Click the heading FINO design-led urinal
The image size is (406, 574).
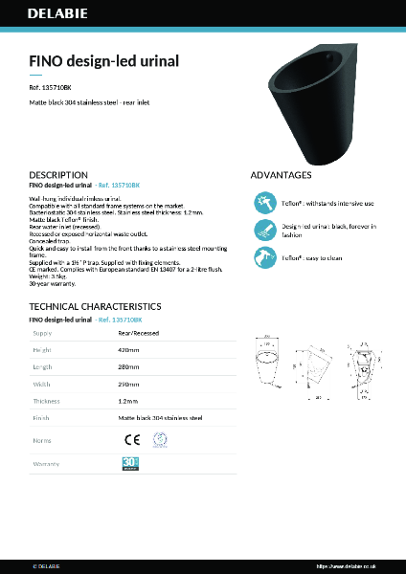click(x=104, y=61)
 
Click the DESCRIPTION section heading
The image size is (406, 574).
click(x=59, y=175)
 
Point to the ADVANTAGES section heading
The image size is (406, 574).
click(x=281, y=175)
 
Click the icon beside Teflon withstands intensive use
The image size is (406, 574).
click(x=264, y=204)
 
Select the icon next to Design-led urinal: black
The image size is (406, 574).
click(x=264, y=230)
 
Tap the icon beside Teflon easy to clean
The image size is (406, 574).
click(x=264, y=257)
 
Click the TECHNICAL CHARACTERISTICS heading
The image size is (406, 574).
click(x=95, y=306)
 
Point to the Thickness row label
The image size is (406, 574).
click(x=47, y=401)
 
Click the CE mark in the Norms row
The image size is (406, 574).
click(x=133, y=439)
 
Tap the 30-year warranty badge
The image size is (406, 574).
click(x=131, y=463)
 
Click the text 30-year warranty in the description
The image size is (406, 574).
click(x=53, y=284)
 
